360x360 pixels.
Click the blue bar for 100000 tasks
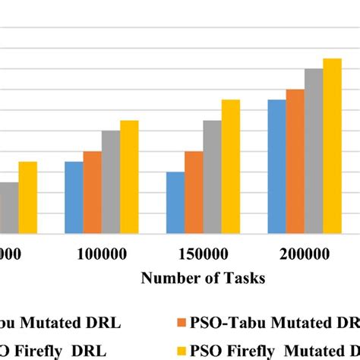pos(74,197)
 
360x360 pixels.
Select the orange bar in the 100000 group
pos(92,192)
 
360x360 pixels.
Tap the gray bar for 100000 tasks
pos(111,182)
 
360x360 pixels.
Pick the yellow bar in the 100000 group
pos(129,177)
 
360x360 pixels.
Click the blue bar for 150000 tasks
pos(175,203)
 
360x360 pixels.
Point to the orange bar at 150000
pos(194,192)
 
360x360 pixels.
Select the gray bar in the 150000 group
pos(212,177)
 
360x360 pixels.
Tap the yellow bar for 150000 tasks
pos(230,166)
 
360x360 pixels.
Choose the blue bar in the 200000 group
pos(276,166)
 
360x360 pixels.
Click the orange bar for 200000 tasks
pos(295,161)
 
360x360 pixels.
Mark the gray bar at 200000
pos(314,151)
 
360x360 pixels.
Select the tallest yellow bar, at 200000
pos(332,146)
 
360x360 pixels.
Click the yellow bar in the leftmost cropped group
pos(27,197)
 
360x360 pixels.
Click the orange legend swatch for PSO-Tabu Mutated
pos(181,322)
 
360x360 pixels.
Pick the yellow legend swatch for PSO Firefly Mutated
pos(181,350)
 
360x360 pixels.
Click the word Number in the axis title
pos(167,278)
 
